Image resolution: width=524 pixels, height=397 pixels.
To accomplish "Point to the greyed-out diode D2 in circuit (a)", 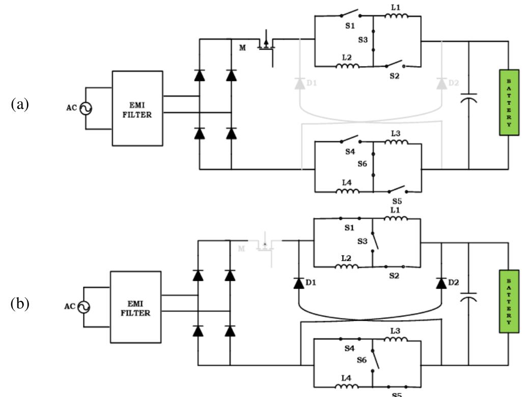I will (442, 83).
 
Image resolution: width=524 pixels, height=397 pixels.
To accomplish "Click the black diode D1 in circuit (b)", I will (298, 283).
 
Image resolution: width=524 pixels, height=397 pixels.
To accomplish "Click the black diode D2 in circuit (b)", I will (441, 282).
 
